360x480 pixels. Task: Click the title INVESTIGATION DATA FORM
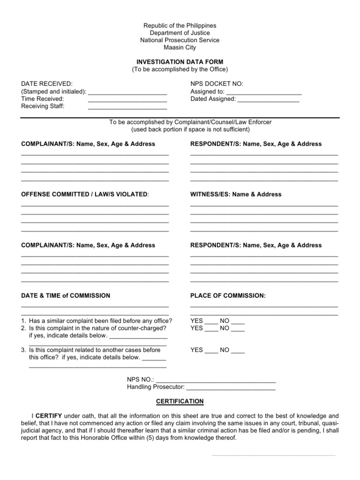point(180,62)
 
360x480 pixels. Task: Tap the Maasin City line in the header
point(180,47)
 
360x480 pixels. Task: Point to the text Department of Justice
point(180,33)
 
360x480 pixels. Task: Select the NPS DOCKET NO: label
point(217,83)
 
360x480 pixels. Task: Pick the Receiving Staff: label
point(43,106)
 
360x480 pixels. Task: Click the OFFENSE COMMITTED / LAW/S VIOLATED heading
point(85,195)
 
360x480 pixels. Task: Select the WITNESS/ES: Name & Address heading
point(236,195)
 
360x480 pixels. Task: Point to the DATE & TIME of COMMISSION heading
point(66,296)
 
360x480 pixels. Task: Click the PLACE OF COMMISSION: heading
point(228,296)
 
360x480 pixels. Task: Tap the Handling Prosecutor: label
point(156,387)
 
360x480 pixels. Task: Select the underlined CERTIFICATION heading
point(180,401)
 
